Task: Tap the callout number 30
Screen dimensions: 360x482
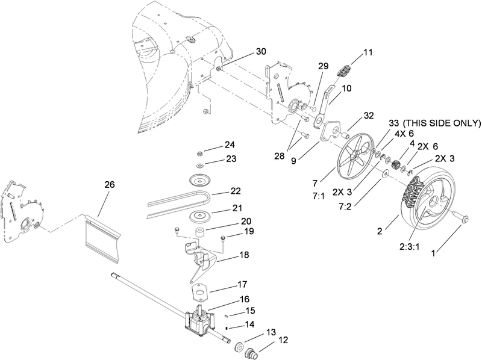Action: click(260, 52)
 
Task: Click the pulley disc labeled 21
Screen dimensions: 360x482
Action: click(198, 217)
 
